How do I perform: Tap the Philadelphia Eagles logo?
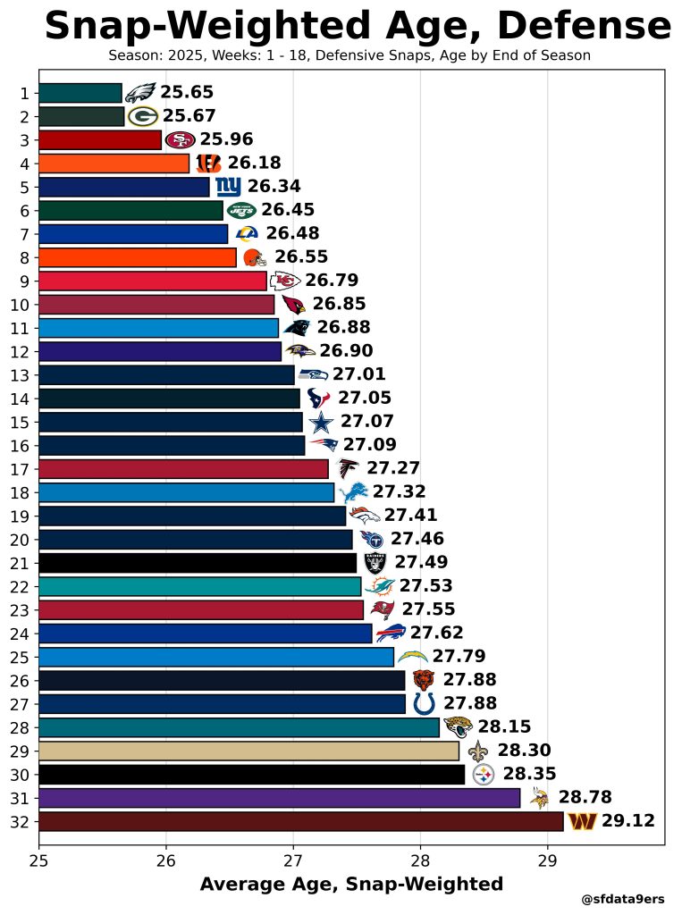pos(140,93)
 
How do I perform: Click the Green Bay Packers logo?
pos(143,116)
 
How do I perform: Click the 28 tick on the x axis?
pos(420,861)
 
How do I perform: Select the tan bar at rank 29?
pos(248,751)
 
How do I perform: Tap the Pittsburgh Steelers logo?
pos(483,774)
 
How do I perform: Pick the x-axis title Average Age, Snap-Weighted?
pos(351,884)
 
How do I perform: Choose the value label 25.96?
pos(226,139)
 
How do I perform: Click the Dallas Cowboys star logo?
pos(320,422)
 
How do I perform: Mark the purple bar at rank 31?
pos(279,797)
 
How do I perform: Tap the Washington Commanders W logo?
pos(583,821)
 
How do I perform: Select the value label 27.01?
pos(358,374)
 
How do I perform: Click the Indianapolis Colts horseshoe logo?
pos(425,703)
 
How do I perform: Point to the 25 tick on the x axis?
pos(38,861)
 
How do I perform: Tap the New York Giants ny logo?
pos(228,187)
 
